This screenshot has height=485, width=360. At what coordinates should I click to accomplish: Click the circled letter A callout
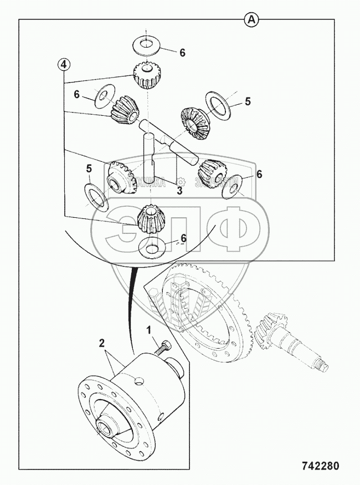(x=251, y=20)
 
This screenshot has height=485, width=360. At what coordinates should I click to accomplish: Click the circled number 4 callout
(x=64, y=64)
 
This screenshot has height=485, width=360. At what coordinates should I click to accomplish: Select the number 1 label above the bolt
(x=148, y=331)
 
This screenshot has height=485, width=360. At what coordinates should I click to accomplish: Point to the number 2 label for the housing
(x=101, y=343)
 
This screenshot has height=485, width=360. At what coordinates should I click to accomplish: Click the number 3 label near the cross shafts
(x=179, y=191)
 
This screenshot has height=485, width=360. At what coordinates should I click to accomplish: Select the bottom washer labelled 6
(x=152, y=247)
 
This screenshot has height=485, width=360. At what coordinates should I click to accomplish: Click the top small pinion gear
(x=147, y=75)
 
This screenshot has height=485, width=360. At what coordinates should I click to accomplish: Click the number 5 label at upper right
(x=248, y=101)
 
